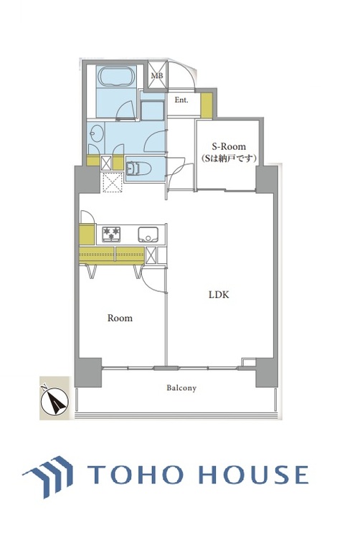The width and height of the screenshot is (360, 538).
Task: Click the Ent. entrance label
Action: pos(181,100)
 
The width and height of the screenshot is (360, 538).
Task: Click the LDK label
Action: pos(219,294)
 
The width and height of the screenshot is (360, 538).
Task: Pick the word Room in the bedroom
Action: pos(120,318)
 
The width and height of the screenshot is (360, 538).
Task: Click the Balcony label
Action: pos(181,388)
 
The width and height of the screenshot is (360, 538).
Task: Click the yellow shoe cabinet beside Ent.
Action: pos(207,105)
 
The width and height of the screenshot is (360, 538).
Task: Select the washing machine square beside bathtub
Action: pos(152,113)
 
